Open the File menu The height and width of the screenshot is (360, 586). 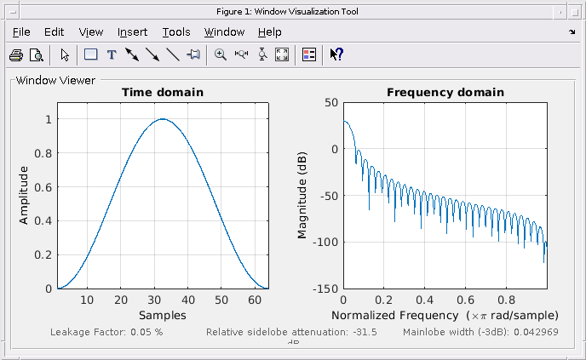[x=21, y=32]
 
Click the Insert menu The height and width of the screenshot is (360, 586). [x=132, y=32]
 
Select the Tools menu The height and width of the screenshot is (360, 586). [x=176, y=32]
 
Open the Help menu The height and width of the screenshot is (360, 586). [x=269, y=32]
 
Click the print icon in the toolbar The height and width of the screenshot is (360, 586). [x=16, y=54]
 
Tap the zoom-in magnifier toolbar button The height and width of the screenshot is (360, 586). [x=221, y=54]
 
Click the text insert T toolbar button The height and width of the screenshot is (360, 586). [x=111, y=54]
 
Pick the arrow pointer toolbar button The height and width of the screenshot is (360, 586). [x=65, y=54]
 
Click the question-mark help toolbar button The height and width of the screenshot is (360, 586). [x=336, y=54]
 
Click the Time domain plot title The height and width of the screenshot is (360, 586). [x=162, y=92]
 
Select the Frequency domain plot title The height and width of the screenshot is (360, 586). [x=445, y=92]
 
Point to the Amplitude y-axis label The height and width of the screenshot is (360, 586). [x=24, y=195]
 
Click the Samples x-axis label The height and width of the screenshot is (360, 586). [x=162, y=315]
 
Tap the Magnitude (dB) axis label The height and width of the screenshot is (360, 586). [x=302, y=195]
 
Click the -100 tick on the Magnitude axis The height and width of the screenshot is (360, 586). [x=325, y=242]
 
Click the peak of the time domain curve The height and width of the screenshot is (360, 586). [x=162, y=119]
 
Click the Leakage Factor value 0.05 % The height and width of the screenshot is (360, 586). [x=146, y=332]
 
